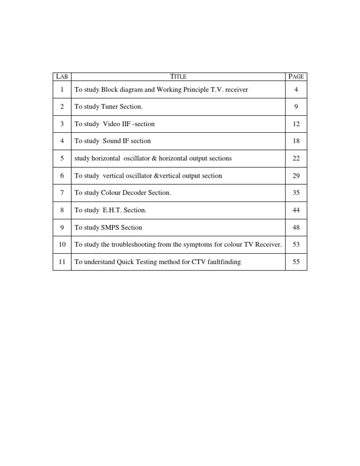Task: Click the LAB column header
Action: tap(62, 76)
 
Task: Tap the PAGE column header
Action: tap(296, 76)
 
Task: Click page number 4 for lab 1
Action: tap(296, 90)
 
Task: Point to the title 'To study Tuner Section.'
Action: tap(108, 107)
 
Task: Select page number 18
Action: tap(296, 141)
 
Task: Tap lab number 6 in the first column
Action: tap(62, 176)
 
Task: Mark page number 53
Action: tap(296, 245)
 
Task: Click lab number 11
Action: tap(62, 262)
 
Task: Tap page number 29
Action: tap(296, 176)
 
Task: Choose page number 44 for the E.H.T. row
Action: tap(296, 210)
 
